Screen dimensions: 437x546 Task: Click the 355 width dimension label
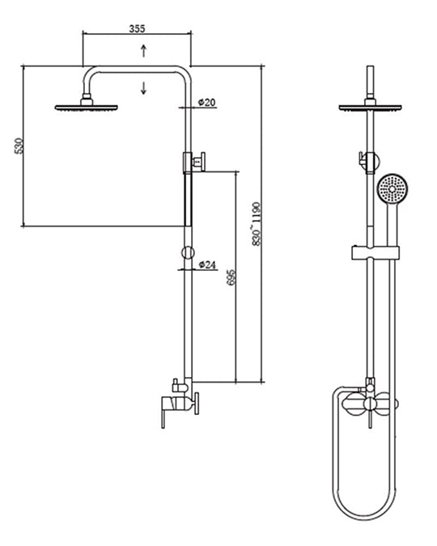[x=137, y=28]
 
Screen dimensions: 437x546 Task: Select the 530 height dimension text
[x=19, y=146]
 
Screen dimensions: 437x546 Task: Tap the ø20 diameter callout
[x=206, y=102]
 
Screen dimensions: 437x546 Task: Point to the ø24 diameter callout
[x=207, y=265]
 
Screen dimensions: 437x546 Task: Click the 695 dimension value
[x=231, y=277]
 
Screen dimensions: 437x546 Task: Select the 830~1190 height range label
[x=257, y=224]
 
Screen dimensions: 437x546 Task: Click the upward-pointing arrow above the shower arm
[x=143, y=51]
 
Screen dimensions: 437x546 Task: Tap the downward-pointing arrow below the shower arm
[x=143, y=87]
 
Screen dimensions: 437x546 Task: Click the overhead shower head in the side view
[x=87, y=108]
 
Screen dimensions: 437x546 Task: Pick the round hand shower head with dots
[x=392, y=188]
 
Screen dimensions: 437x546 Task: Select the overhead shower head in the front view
[x=370, y=108]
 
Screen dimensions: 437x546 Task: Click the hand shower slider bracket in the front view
[x=375, y=252]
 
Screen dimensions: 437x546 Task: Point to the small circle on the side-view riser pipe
[x=188, y=252]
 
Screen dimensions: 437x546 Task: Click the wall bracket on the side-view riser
[x=194, y=162]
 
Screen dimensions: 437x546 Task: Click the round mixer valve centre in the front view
[x=370, y=404]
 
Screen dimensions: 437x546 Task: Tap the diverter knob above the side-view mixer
[x=176, y=386]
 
